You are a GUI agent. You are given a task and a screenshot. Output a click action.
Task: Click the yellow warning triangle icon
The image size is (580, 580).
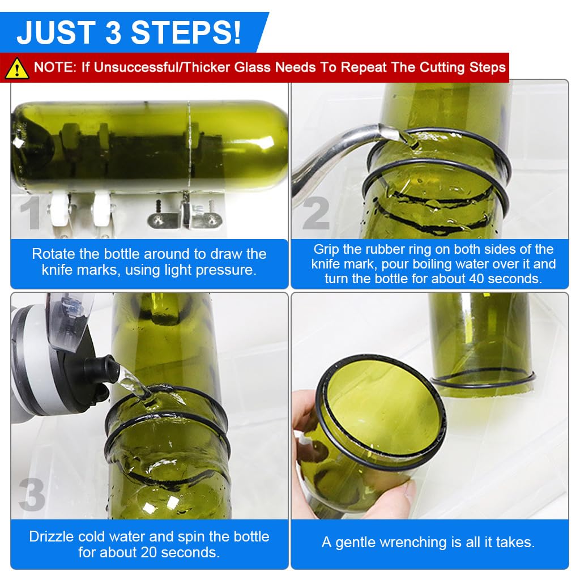coord(17,68)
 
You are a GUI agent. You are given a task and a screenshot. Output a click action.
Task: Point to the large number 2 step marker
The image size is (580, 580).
coord(315,214)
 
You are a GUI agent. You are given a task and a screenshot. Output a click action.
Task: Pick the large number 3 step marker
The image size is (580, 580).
coord(31,494)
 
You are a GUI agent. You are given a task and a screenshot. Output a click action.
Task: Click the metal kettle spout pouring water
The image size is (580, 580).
coord(351,142)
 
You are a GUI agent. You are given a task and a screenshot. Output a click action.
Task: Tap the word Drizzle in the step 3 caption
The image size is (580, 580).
coord(52,536)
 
